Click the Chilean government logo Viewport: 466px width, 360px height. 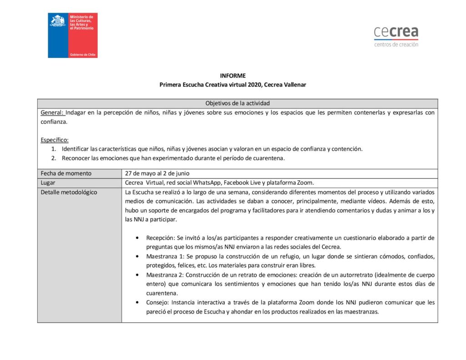[73, 35]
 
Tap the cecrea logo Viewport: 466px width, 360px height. [396, 32]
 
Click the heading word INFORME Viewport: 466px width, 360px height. [233, 76]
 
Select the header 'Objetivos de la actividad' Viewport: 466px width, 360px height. [237, 104]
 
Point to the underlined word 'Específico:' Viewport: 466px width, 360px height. [55, 140]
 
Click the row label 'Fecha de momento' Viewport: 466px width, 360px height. [66, 173]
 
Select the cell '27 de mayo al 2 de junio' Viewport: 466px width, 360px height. [157, 173]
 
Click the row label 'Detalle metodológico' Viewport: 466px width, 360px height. [69, 192]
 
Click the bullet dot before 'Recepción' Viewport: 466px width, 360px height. [138, 238]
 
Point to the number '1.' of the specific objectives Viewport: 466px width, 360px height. [53, 149]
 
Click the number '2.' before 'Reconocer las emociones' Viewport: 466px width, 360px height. [53, 158]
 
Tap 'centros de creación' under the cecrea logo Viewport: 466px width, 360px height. [396, 45]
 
